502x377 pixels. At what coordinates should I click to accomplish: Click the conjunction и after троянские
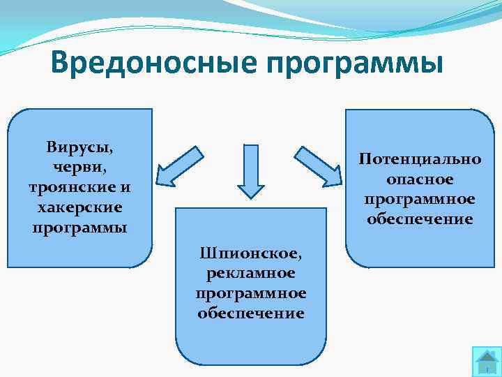pyautogui.click(x=125, y=188)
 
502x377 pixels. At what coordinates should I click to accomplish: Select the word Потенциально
pyautogui.click(x=420, y=158)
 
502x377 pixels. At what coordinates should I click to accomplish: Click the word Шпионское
pyautogui.click(x=251, y=252)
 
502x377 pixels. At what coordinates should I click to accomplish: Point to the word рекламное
pyautogui.click(x=251, y=272)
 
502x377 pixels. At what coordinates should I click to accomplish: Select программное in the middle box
pyautogui.click(x=251, y=293)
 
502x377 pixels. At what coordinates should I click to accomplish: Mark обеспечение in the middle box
pyautogui.click(x=251, y=313)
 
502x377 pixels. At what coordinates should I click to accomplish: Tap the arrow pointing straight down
pyautogui.click(x=251, y=171)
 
